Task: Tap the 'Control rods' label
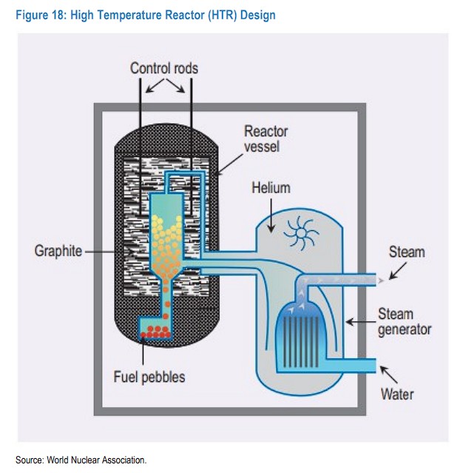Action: coord(164,68)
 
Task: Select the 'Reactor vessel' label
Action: coord(266,139)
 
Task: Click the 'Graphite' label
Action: coord(58,251)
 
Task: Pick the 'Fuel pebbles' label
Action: coord(149,377)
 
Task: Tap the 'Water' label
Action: coord(397,394)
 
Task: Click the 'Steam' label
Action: coord(407,252)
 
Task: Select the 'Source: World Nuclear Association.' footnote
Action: coord(81,460)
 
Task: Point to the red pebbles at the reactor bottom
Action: coord(156,330)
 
